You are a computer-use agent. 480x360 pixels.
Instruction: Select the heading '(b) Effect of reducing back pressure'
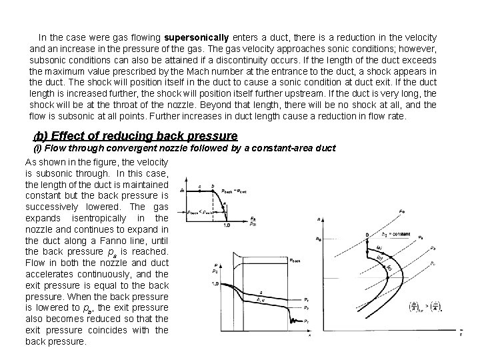[135, 136]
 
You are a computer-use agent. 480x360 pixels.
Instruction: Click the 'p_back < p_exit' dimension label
[203, 212]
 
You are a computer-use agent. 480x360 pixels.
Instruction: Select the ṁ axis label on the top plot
[183, 191]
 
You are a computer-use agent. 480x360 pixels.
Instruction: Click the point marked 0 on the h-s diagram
[367, 235]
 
